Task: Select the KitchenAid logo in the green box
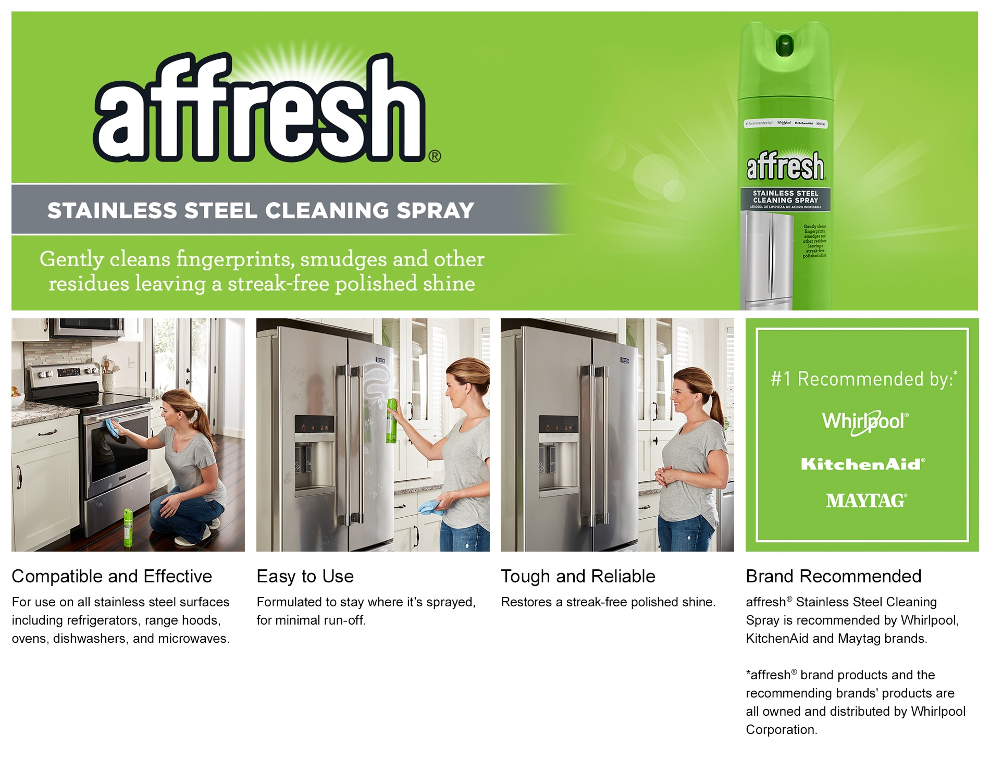pyautogui.click(x=863, y=464)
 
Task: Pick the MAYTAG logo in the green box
pyautogui.click(x=866, y=501)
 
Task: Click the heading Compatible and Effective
pyautogui.click(x=112, y=576)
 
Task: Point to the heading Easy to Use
pyautogui.click(x=305, y=576)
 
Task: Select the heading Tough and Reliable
pyautogui.click(x=578, y=576)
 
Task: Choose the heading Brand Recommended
pyautogui.click(x=833, y=576)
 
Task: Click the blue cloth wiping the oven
pyautogui.click(x=113, y=427)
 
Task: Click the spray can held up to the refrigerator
pyautogui.click(x=391, y=421)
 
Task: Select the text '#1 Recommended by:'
pyautogui.click(x=862, y=379)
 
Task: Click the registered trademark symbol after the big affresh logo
pyautogui.click(x=435, y=156)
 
